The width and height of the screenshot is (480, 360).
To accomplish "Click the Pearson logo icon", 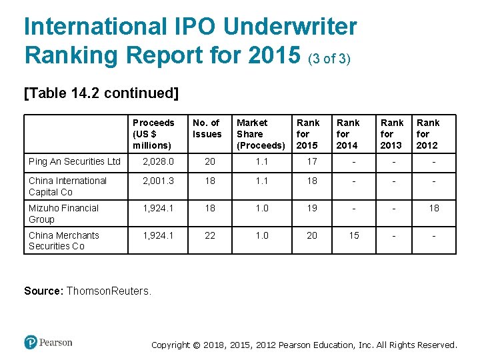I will [x=31, y=343].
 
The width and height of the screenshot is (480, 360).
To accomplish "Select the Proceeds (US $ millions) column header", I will [x=153, y=134].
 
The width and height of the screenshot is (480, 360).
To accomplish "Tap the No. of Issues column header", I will [x=207, y=128].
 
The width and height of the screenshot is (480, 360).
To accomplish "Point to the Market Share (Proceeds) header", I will [x=261, y=134].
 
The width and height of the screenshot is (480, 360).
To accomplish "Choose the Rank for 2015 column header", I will [x=307, y=134].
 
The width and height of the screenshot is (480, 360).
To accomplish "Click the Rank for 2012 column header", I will [x=428, y=134].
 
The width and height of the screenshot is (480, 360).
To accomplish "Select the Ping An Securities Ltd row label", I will [x=75, y=161].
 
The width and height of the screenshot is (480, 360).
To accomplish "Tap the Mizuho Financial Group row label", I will [x=63, y=213].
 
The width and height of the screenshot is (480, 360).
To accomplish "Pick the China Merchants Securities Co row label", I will [x=63, y=241].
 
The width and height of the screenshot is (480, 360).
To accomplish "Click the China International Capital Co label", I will [x=67, y=186].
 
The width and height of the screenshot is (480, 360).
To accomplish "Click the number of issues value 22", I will [x=210, y=235].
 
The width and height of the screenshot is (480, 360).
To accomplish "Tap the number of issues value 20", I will [x=210, y=161].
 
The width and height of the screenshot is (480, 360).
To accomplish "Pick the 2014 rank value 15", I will [x=353, y=235].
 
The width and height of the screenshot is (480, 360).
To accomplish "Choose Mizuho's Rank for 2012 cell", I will [x=433, y=208].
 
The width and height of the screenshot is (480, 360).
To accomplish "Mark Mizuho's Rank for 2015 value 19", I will [x=312, y=208].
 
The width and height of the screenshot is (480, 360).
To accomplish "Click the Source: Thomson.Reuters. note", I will [x=88, y=291].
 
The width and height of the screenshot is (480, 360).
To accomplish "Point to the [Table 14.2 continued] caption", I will [x=101, y=93].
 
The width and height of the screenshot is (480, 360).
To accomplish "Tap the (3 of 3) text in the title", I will [x=329, y=58].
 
